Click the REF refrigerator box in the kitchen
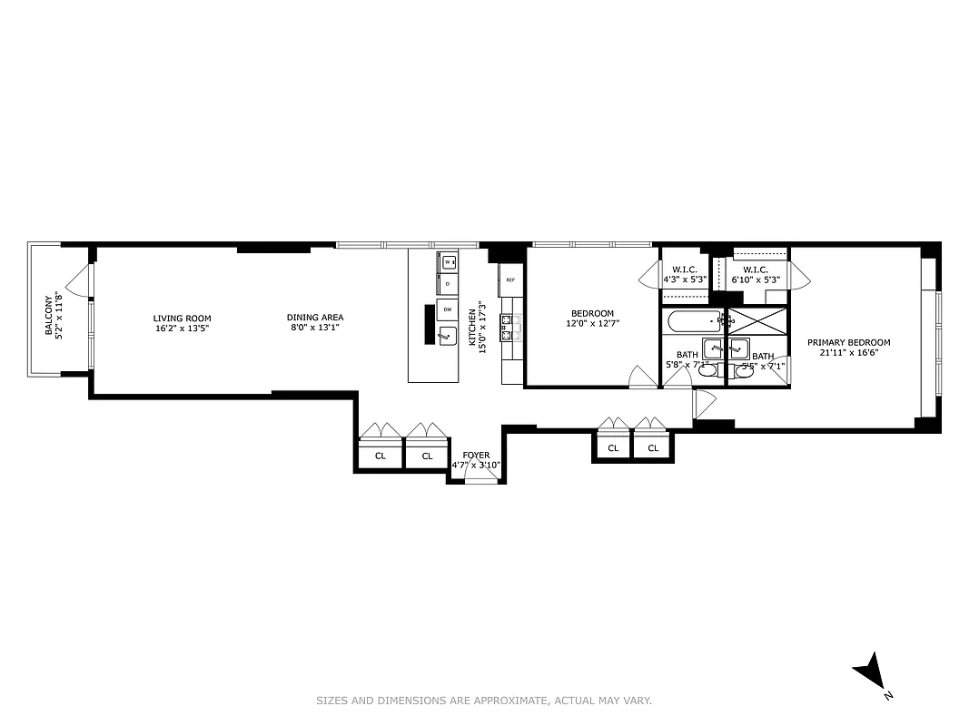click(x=510, y=280)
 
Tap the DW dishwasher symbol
click(x=448, y=309)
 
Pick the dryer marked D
click(x=448, y=283)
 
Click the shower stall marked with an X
click(x=758, y=321)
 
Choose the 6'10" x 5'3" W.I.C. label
click(x=756, y=275)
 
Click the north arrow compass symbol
click(x=871, y=672)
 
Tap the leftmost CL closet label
click(x=380, y=456)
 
